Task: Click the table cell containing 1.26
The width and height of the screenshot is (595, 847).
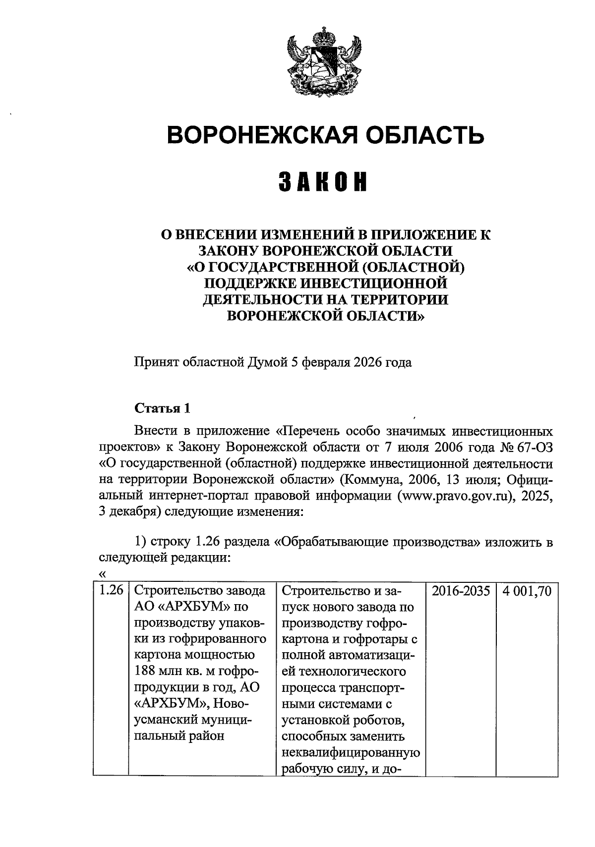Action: (x=111, y=591)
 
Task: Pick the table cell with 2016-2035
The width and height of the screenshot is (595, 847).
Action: (x=461, y=591)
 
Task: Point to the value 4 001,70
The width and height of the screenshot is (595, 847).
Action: (x=527, y=591)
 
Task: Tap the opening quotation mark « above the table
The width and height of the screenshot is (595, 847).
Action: (x=103, y=574)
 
